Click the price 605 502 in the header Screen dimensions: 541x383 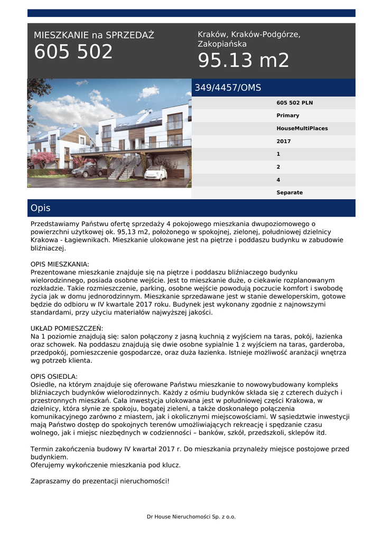(73, 52)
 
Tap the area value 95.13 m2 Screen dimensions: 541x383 (244, 61)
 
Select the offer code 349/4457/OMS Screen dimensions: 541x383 (228, 88)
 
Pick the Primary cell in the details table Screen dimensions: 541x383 (287, 115)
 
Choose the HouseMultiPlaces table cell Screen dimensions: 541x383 (302, 128)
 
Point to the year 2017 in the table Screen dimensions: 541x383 (283, 141)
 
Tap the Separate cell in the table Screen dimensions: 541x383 (289, 192)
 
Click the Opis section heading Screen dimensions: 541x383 (41, 208)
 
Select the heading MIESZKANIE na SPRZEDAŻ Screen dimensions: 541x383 (94, 35)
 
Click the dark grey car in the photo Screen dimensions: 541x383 (87, 170)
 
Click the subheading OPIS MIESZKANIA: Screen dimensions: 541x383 (60, 264)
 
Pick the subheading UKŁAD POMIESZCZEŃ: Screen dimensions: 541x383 (67, 328)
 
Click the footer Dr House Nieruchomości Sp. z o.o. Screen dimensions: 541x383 (191, 516)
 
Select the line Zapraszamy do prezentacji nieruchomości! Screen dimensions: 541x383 (100, 481)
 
